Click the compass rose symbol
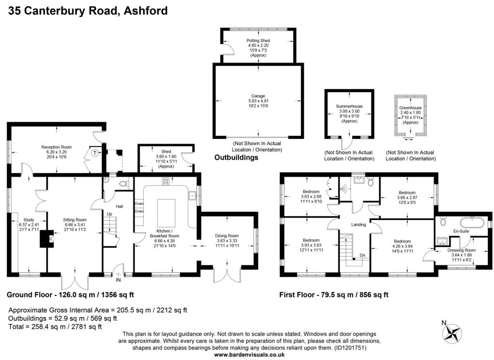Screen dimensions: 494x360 [x=453, y=333]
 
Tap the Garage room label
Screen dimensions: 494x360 [x=258, y=96]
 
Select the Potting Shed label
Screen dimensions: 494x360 [x=258, y=41]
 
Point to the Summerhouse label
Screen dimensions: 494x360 [x=349, y=106]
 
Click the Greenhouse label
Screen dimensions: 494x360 [x=410, y=108]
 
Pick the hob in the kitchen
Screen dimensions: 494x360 [x=166, y=181]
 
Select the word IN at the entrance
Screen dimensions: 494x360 [x=118, y=279]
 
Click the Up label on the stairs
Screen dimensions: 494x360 [x=110, y=214]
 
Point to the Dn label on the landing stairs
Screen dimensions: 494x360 [x=363, y=255]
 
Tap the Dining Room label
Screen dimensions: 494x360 [x=227, y=235]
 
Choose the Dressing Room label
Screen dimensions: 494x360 [x=461, y=250]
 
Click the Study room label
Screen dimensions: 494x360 [x=28, y=220]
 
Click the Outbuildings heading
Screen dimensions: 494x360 [x=236, y=157]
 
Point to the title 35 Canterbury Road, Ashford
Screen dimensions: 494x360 [x=88, y=11]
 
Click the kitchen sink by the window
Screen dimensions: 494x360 [x=192, y=196]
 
